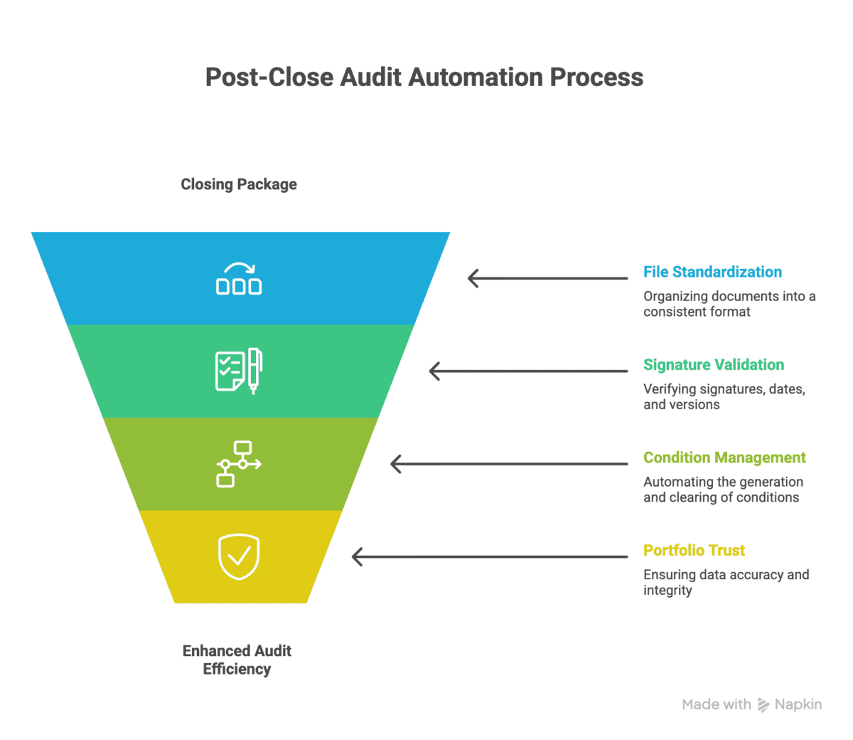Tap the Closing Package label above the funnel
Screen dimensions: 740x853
[x=239, y=184]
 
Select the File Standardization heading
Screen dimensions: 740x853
[x=712, y=272]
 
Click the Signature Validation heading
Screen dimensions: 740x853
[x=714, y=365]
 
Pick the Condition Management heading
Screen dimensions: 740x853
[x=724, y=458]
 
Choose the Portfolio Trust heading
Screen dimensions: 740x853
[x=694, y=550]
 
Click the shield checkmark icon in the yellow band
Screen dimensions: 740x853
[x=239, y=556]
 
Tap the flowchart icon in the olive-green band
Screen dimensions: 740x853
[x=239, y=464]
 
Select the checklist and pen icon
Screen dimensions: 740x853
[x=239, y=371]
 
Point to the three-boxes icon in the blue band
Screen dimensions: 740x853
[x=239, y=278]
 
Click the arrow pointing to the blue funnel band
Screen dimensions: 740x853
[x=547, y=278]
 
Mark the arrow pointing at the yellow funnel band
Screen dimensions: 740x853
[x=490, y=556]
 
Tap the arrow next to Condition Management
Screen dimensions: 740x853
[x=509, y=464]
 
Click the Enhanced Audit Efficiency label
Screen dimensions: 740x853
[x=237, y=660]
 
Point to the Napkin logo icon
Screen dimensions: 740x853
[x=763, y=705]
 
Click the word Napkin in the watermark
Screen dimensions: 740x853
[x=798, y=704]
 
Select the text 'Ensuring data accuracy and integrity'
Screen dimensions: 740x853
[x=726, y=582]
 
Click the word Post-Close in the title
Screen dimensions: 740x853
[x=269, y=77]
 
